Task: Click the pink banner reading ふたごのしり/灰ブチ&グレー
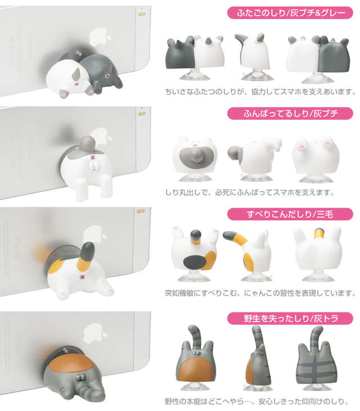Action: click(x=290, y=12)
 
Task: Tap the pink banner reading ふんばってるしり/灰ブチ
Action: click(x=290, y=113)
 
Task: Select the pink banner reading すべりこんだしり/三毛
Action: click(x=290, y=214)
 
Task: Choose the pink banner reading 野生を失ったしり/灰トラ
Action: click(x=290, y=318)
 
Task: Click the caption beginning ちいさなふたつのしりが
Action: click(x=260, y=92)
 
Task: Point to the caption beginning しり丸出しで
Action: click(x=250, y=192)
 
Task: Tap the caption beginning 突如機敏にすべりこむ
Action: click(x=260, y=293)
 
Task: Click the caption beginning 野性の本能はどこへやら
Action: click(x=256, y=401)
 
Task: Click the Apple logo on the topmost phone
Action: click(x=100, y=38)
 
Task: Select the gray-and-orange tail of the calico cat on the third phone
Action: click(x=85, y=256)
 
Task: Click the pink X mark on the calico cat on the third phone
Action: click(x=82, y=277)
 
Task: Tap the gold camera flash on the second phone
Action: click(x=142, y=114)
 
